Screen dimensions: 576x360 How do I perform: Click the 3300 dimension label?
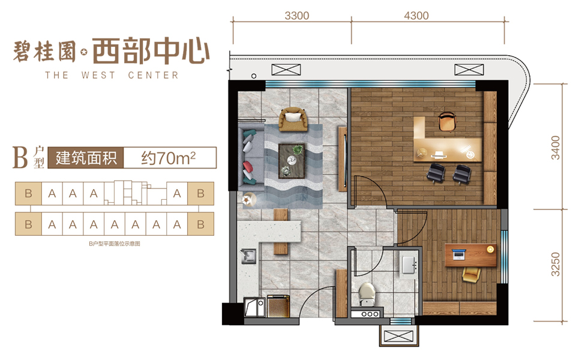tap(297, 16)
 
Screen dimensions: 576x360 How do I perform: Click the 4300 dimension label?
tap(416, 16)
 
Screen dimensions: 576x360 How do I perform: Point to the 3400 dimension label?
tap(556, 148)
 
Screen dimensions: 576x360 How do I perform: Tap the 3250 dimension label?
tap(556, 264)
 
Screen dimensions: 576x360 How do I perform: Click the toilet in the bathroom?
tap(367, 293)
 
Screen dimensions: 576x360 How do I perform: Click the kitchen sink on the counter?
tap(248, 256)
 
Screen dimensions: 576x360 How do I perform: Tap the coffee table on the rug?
tap(292, 161)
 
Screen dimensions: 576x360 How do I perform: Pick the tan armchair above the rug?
tap(293, 119)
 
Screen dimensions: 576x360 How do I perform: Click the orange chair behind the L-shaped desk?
tap(447, 121)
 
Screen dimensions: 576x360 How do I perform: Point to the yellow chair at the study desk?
tap(472, 275)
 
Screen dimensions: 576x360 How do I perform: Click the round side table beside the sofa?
tap(250, 199)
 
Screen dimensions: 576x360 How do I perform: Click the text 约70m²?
tap(169, 158)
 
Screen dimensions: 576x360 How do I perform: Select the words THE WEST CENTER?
tap(112, 76)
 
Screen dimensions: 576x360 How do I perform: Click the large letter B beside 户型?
tap(20, 157)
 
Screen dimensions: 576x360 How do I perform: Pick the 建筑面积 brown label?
tap(86, 158)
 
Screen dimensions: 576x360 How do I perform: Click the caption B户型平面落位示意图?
tap(115, 244)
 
